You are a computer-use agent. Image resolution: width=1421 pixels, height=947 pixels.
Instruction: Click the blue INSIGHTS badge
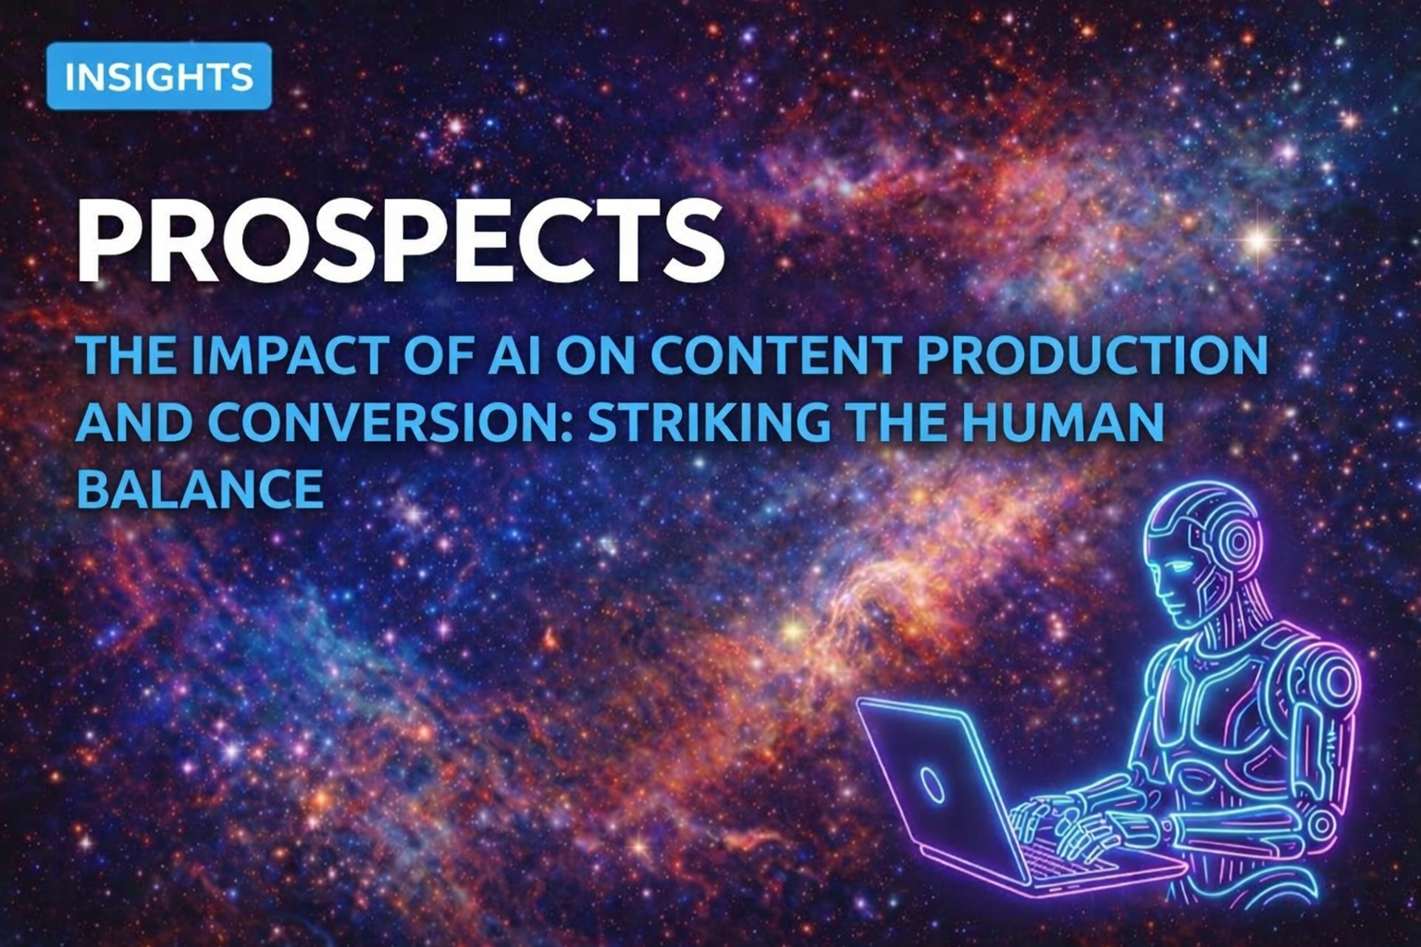coord(159,76)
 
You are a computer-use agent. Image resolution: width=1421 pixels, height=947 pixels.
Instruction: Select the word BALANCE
coord(200,488)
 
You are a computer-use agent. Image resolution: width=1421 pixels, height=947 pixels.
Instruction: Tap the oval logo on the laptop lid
coord(932,784)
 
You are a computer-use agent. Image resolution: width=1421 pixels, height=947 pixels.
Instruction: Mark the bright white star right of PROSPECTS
coord(1257,241)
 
